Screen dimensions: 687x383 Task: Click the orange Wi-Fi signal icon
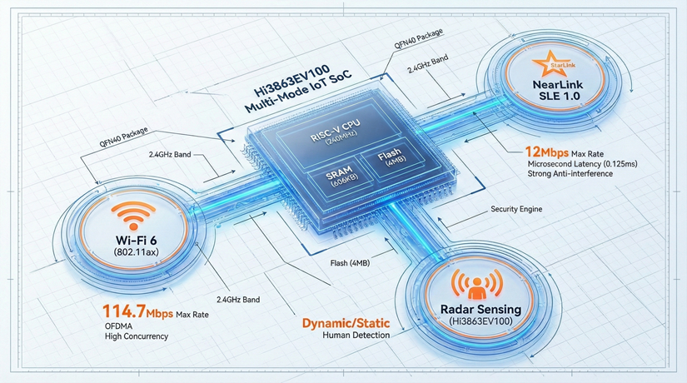click(x=133, y=216)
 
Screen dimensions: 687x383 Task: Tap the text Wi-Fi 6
click(x=137, y=240)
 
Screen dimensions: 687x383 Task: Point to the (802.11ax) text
click(x=136, y=252)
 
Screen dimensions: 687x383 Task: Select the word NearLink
click(x=558, y=85)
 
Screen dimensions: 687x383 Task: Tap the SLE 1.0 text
click(x=557, y=96)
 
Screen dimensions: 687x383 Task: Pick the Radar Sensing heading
click(x=480, y=310)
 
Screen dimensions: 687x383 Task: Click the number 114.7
click(x=124, y=311)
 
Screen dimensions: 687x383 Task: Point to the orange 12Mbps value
click(x=547, y=152)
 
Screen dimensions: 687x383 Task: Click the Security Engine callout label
click(x=516, y=209)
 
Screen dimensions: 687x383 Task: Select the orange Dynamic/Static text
click(x=346, y=323)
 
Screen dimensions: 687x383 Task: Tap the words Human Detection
click(x=356, y=336)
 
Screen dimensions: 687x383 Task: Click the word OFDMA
click(x=118, y=326)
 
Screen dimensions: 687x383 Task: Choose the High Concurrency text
click(x=137, y=336)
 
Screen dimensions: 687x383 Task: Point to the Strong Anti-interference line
click(x=570, y=173)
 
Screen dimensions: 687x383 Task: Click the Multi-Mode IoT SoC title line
click(x=297, y=93)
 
